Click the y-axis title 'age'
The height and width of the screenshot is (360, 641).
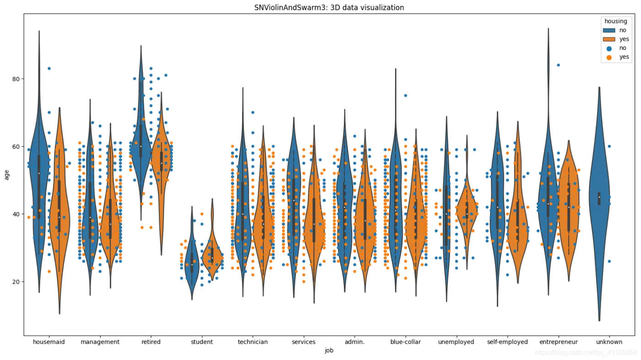pos(7,175)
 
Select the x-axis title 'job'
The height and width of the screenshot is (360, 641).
pos(329,350)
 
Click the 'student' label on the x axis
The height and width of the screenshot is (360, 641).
pos(202,342)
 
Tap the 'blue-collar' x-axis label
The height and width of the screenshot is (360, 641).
pos(405,342)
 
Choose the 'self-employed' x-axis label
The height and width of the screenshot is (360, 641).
pos(507,342)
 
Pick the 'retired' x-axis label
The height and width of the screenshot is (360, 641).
pos(151,342)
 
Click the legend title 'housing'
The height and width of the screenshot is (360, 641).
pos(615,21)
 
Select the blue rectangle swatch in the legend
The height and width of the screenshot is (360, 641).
pos(609,30)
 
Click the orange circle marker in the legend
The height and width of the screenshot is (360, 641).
pos(609,57)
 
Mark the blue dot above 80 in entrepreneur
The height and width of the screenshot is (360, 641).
pos(559,65)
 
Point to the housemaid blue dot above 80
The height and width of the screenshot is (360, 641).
pos(49,69)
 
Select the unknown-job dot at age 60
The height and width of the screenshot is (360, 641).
pos(609,147)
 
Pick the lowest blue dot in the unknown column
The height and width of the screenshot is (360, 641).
pos(609,262)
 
